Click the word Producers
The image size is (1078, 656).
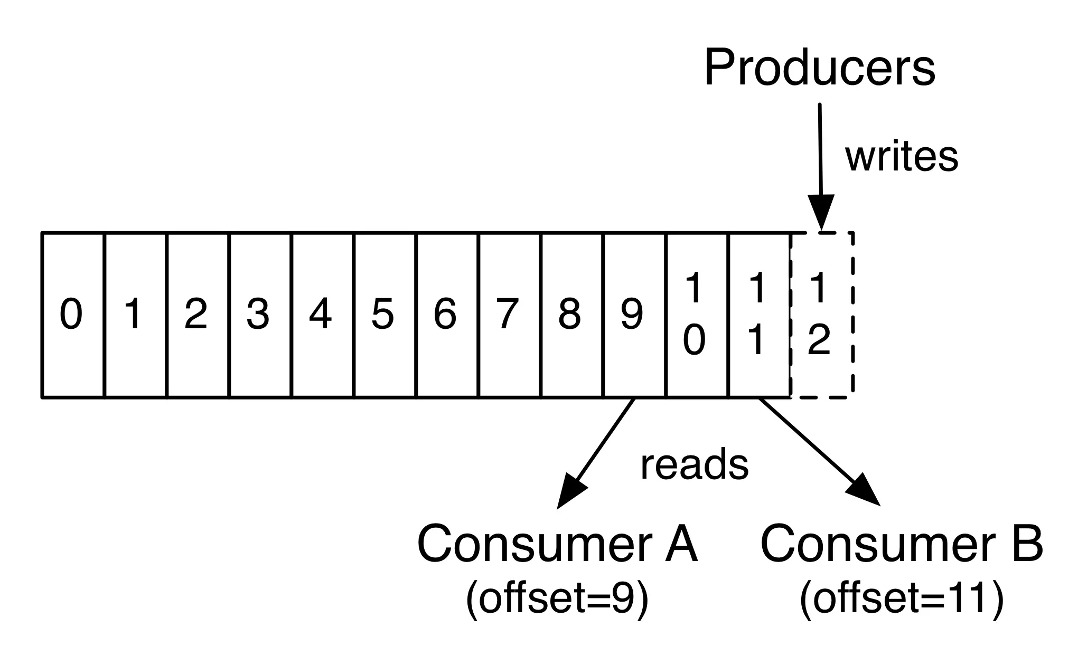819,68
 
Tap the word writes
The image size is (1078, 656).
901,157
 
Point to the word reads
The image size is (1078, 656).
694,465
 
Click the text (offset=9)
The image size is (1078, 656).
557,599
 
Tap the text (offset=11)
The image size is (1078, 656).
901,599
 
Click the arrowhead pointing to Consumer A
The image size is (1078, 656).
570,492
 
